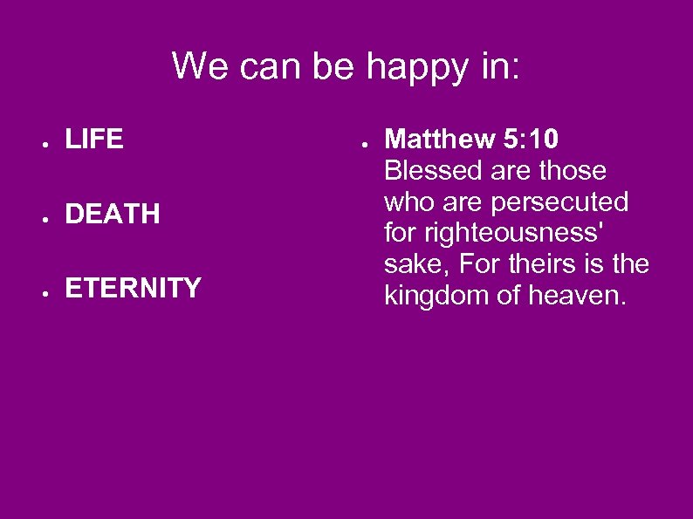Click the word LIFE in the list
point(94,140)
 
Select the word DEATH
point(113,214)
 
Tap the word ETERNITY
point(133,288)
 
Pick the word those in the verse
point(573,170)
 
